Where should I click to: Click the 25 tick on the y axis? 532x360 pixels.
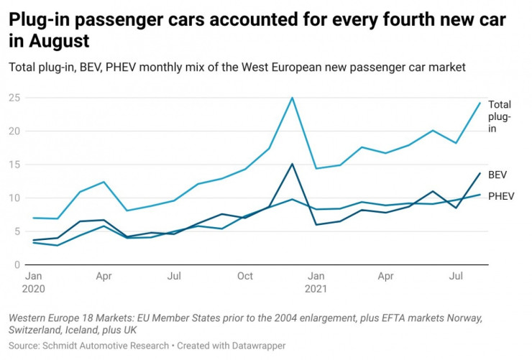pos(15,98)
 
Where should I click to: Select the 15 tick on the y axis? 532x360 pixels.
pos(15,165)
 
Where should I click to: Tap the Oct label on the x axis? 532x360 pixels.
pos(245,275)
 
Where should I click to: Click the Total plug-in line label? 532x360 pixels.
pos(500,116)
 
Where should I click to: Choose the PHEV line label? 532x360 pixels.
pos(502,195)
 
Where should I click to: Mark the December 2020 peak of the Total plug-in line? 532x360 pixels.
pos(292,98)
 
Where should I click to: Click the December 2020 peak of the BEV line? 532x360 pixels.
pos(292,164)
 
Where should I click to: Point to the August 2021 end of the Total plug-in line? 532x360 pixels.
pos(480,103)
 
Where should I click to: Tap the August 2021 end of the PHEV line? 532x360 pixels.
pos(480,195)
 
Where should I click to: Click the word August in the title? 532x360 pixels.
pos(60,40)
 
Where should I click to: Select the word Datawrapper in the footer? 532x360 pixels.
pos(261,346)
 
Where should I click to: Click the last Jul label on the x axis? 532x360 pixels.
pos(456,275)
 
